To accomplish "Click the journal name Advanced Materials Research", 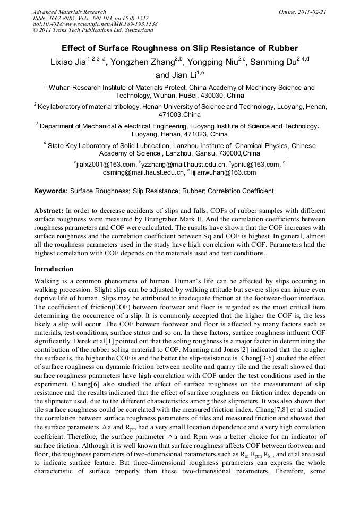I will (69, 12).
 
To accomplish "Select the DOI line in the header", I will (95, 24).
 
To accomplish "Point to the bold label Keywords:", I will (51, 191).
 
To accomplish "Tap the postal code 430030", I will (202, 96).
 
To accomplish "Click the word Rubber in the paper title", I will (279, 48).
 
